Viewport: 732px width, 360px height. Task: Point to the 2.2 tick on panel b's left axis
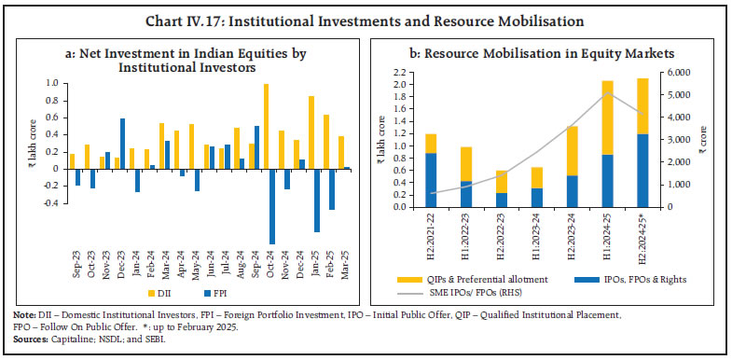[403, 73]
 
